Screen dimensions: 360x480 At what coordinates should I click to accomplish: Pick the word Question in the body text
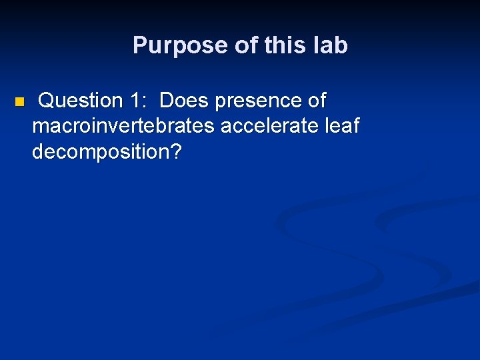pos(81,101)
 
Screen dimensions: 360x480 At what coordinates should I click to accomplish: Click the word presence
pos(257,101)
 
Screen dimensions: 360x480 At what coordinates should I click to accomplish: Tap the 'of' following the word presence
pos(316,101)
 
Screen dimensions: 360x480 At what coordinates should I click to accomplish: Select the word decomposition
pos(101,152)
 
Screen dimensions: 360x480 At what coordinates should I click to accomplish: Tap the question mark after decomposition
pos(175,151)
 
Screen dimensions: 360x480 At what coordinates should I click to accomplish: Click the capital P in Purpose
pos(139,45)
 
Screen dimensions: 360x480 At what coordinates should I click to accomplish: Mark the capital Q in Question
pos(47,101)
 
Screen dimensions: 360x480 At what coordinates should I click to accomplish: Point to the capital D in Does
pos(167,101)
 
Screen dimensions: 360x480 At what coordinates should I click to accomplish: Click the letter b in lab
pos(341,45)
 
